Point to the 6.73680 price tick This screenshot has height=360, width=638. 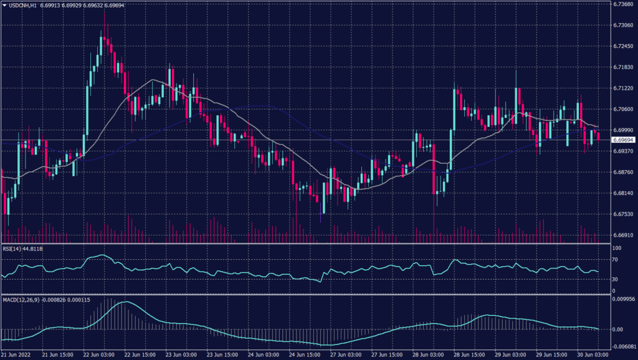(623, 4)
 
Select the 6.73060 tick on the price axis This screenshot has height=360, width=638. (623, 26)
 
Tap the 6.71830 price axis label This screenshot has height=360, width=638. (623, 67)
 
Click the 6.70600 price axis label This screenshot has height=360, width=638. (623, 109)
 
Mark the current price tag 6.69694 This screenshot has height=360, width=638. (623, 140)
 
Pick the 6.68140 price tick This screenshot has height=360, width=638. (623, 193)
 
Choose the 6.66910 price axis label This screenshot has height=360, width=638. (623, 235)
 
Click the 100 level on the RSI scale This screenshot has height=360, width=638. (617, 248)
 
